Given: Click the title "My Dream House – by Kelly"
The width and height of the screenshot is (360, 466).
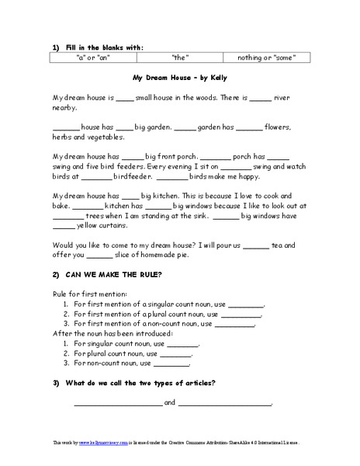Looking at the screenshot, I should click(179, 79).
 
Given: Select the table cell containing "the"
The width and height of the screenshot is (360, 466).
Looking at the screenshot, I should click(179, 57).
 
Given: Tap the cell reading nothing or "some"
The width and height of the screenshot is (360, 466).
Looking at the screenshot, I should click(265, 57).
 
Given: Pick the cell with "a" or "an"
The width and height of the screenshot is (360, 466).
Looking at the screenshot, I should click(93, 57).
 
